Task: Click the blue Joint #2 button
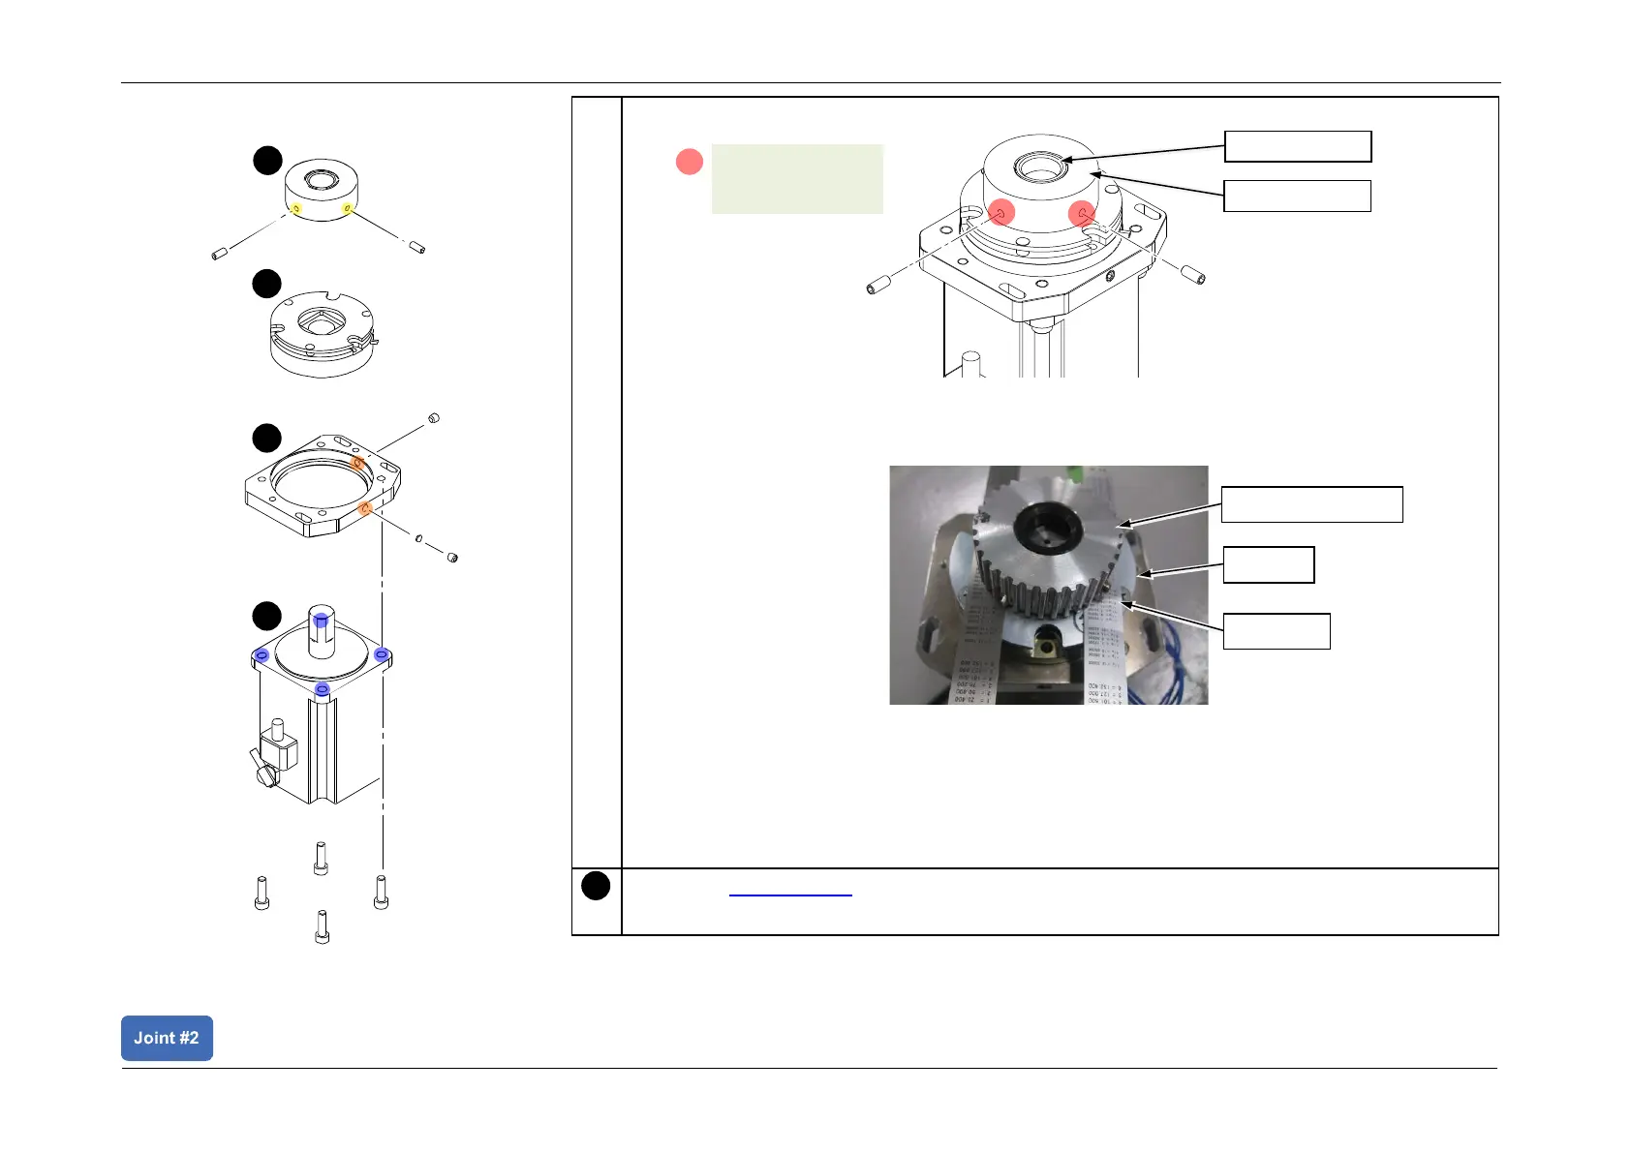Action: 167,1038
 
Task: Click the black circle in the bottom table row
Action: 596,886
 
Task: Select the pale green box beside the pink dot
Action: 797,179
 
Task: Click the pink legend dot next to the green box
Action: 689,162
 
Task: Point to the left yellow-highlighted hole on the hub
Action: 296,209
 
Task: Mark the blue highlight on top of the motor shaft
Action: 321,620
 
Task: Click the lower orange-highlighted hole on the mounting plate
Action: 365,508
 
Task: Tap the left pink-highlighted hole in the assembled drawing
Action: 1001,212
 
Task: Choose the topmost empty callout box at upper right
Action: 1298,146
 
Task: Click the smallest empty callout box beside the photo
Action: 1268,564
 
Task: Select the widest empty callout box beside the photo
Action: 1311,504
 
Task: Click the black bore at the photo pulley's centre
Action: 1048,524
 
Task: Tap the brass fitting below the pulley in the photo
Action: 1048,640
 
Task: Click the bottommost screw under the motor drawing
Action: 322,926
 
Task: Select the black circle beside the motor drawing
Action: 266,616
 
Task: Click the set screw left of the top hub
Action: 219,254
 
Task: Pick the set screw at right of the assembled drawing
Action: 1193,274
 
